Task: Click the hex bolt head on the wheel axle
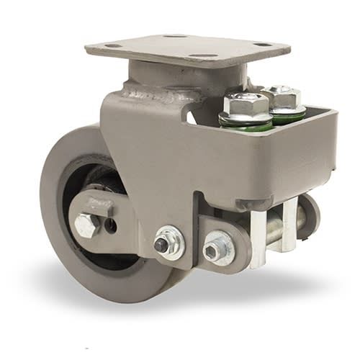click(x=86, y=226)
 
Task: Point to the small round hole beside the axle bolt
click(x=110, y=225)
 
